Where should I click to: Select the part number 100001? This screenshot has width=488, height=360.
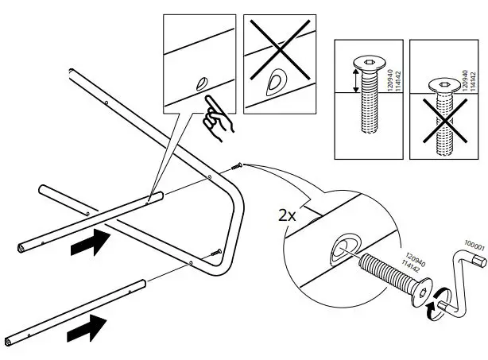pyautogui.click(x=475, y=249)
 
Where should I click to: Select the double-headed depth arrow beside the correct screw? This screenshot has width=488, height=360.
pyautogui.click(x=354, y=79)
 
